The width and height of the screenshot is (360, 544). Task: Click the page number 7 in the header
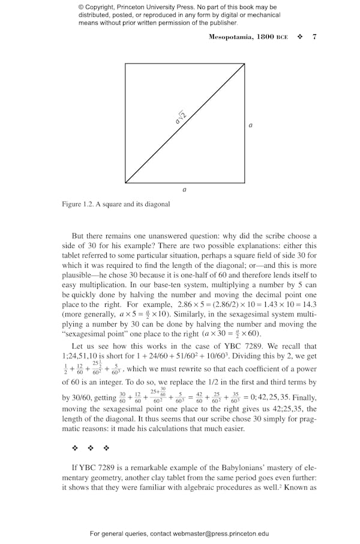click(x=314, y=37)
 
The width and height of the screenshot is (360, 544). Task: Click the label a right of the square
click(x=250, y=125)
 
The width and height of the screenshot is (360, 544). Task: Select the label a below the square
click(x=184, y=190)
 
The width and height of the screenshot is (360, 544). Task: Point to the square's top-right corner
click(x=244, y=64)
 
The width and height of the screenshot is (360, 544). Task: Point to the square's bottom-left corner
click(x=125, y=182)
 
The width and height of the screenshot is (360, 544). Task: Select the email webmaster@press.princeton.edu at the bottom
click(x=221, y=533)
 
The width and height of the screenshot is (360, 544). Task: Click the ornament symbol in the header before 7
click(x=300, y=37)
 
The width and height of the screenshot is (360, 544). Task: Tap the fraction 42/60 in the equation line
click(x=203, y=398)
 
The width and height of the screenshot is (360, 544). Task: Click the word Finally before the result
click(x=304, y=397)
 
